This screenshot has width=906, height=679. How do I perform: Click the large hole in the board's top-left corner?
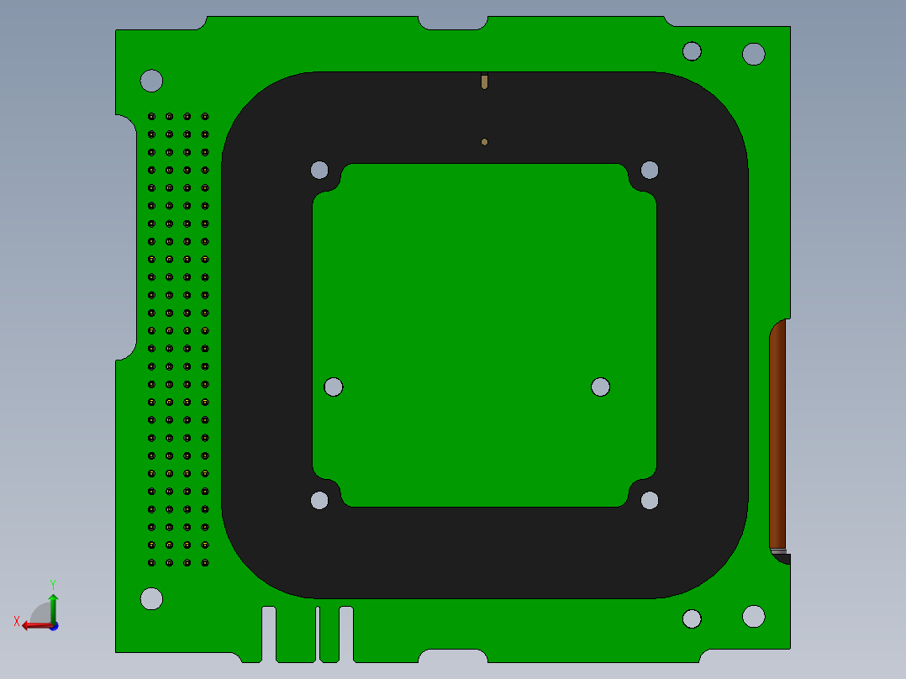point(151,81)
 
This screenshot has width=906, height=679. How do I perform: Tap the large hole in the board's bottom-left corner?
point(151,598)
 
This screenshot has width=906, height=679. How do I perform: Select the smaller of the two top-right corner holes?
point(692,51)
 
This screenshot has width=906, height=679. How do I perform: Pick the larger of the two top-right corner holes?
point(754,54)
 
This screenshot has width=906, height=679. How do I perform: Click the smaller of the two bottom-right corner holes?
point(692,618)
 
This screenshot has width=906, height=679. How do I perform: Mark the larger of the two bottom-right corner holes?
point(754,616)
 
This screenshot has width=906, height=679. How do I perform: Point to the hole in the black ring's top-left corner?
point(319,170)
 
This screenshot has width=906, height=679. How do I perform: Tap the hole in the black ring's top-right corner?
point(650,170)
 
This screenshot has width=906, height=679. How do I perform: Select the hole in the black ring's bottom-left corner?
point(319,501)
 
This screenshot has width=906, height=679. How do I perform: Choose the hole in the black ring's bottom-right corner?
point(650,501)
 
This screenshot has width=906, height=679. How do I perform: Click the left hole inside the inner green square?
point(334,387)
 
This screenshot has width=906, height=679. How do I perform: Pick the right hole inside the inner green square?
point(600,387)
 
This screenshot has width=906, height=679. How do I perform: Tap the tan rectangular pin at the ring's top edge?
point(484,82)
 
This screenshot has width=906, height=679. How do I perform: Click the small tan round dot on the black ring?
point(484,142)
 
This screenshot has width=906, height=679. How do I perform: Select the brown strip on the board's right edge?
point(777,433)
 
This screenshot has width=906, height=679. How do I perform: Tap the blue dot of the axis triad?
point(54,626)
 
